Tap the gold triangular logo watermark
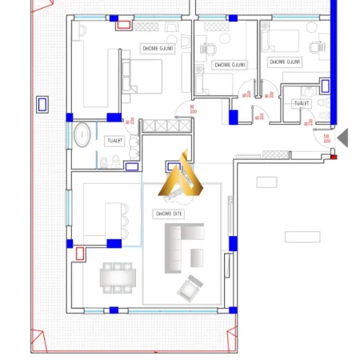pyautogui.click(x=181, y=177)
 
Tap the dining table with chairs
pyautogui.click(x=118, y=277)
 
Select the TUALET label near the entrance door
pyautogui.click(x=302, y=103)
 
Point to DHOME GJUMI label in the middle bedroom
pyautogui.click(x=231, y=65)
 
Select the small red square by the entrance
pyautogui.click(x=334, y=156)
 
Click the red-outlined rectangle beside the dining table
pyautogui.click(x=80, y=254)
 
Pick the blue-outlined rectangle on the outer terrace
pyautogui.click(x=42, y=104)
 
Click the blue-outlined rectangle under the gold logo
pyautogui.click(x=174, y=168)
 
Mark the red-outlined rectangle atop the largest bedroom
pyautogui.click(x=124, y=24)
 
